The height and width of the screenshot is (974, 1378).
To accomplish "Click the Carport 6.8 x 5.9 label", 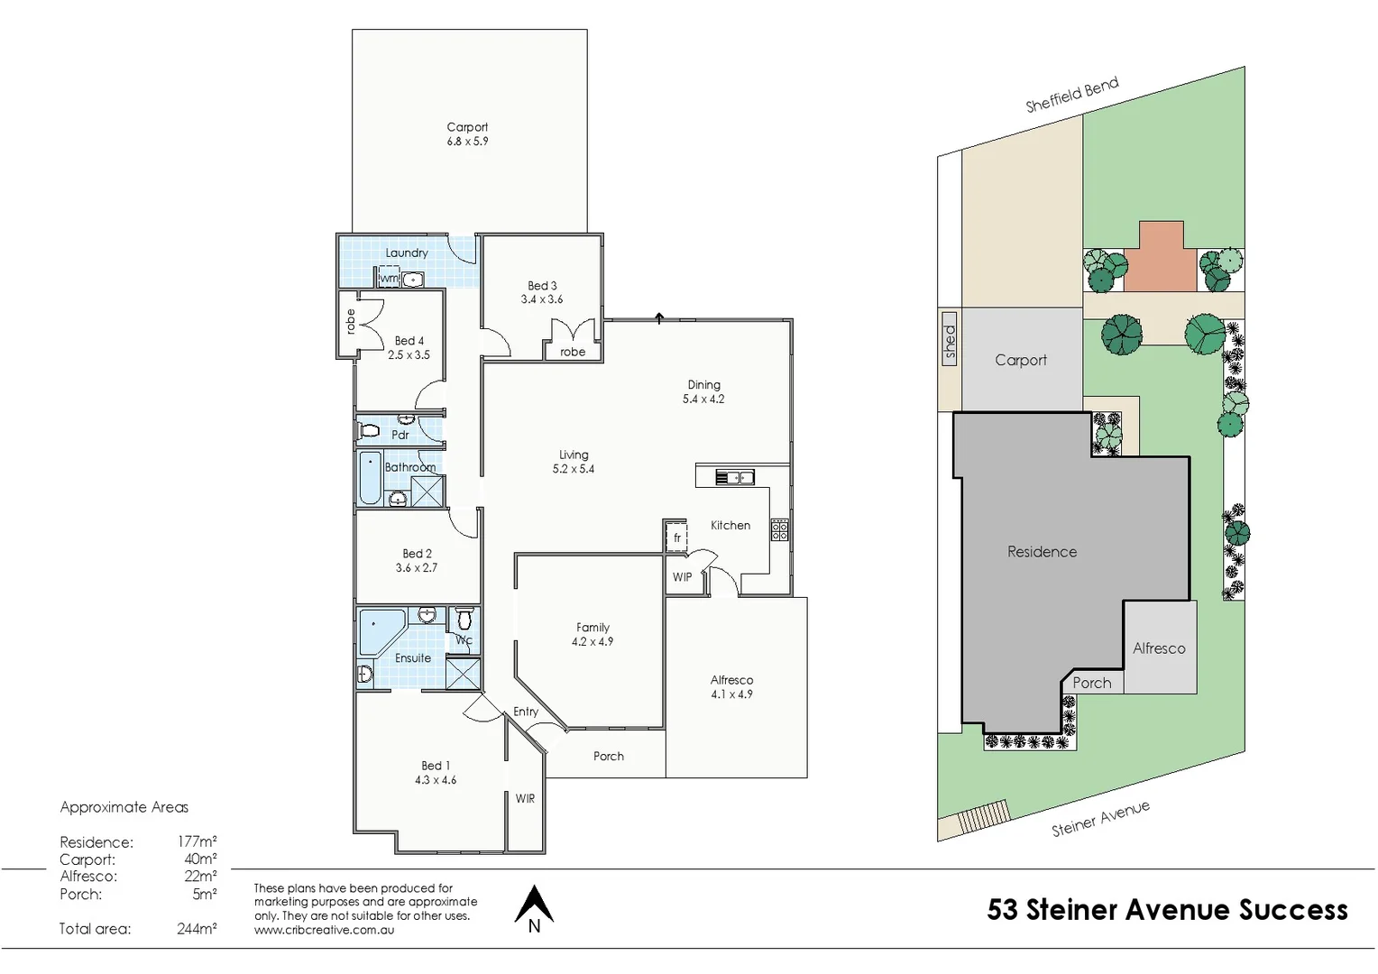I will (x=467, y=134).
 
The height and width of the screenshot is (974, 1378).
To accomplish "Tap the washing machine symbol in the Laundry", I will (x=390, y=278).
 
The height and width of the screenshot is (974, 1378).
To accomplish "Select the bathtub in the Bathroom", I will (x=371, y=478).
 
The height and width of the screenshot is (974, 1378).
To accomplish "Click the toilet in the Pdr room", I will (x=369, y=430).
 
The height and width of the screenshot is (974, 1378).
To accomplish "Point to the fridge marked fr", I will (x=676, y=538).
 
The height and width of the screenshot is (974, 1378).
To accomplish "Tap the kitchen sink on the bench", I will (x=734, y=477).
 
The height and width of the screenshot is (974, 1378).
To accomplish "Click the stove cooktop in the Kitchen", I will (x=779, y=530).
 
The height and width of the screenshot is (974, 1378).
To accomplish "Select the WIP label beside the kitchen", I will (x=682, y=577).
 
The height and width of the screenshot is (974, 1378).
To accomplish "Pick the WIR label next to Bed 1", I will (x=525, y=799).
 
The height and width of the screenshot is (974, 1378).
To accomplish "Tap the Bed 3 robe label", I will (x=573, y=352).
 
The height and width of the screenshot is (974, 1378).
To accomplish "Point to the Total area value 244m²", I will (x=197, y=929).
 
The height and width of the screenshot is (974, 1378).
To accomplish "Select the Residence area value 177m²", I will (x=197, y=842).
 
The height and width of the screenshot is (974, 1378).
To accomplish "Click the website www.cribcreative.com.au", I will (x=324, y=930).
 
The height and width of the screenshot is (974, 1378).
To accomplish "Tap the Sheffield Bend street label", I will (x=1071, y=95).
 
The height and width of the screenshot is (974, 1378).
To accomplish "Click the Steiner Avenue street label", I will (x=1100, y=819).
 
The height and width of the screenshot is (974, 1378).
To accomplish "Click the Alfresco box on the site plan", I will (x=1160, y=648).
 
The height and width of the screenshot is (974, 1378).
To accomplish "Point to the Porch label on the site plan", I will (x=1091, y=683).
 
